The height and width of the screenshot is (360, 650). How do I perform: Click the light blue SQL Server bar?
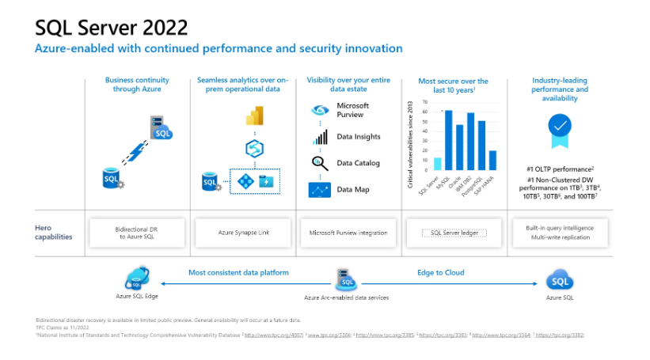click(x=438, y=164)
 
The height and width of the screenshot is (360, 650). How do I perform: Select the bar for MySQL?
click(x=449, y=141)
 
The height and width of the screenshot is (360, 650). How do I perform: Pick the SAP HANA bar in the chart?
click(x=492, y=161)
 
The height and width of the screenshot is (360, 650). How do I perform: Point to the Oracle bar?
click(x=460, y=148)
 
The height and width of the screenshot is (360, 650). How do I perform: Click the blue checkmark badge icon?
click(x=560, y=126)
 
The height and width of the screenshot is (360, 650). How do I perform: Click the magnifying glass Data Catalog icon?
click(x=319, y=164)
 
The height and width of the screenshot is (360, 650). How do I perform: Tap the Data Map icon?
click(x=319, y=190)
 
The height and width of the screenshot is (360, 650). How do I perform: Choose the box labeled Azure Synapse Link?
click(x=243, y=233)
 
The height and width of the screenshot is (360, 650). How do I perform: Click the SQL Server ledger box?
click(x=454, y=233)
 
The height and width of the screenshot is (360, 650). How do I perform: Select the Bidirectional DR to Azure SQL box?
click(x=138, y=233)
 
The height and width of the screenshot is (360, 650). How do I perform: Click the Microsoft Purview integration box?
click(x=348, y=233)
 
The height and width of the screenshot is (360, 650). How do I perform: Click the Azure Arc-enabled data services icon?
click(x=346, y=280)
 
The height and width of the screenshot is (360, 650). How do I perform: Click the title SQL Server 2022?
click(x=112, y=28)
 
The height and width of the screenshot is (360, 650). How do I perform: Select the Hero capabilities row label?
click(x=54, y=232)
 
